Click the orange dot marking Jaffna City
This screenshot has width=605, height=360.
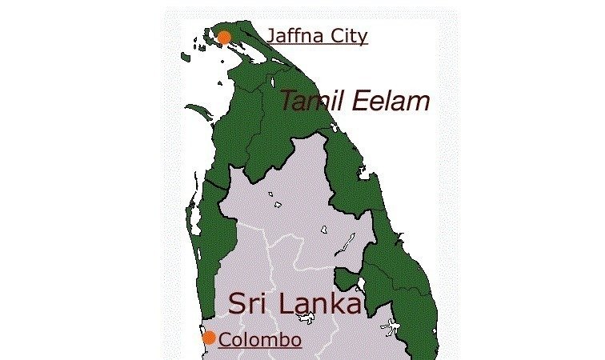224,37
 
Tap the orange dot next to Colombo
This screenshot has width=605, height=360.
209,338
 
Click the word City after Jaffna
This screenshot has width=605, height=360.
347,37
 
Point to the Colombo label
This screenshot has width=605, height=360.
260,339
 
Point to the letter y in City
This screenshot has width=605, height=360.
362,38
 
